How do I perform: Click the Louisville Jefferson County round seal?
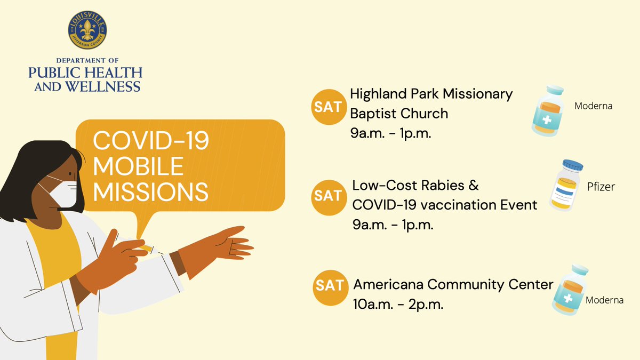(x=87, y=30)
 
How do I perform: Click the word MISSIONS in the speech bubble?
(x=150, y=191)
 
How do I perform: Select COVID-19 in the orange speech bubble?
(x=151, y=142)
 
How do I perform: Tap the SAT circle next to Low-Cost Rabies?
(x=327, y=196)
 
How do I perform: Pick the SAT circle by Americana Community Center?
(x=330, y=285)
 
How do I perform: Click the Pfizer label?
(x=602, y=187)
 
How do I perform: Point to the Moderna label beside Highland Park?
(x=593, y=106)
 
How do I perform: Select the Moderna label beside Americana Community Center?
(x=604, y=300)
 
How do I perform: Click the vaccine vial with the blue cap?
(x=565, y=185)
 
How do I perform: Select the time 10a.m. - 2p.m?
(x=398, y=306)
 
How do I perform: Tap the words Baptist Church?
(x=398, y=114)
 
